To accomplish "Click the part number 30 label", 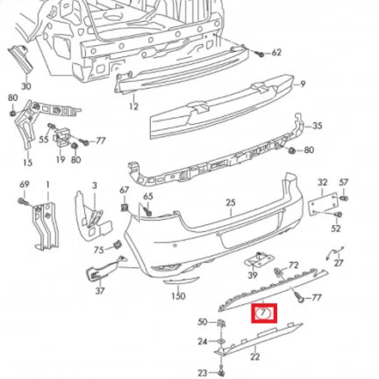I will tap(25, 86).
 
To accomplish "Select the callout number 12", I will tap(132, 106).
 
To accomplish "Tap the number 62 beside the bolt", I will tap(276, 53).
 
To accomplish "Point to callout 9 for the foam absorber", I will tap(303, 84).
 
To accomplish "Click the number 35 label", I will tap(317, 127).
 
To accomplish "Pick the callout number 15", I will tap(26, 162).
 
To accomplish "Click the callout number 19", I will tap(59, 162).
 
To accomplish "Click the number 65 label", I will tap(147, 197).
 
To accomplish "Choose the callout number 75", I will tap(98, 249).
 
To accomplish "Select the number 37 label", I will tap(99, 290).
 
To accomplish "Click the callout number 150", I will tap(178, 297).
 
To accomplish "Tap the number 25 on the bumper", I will tap(231, 202).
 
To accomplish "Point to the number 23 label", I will tap(201, 371).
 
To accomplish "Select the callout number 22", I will tap(254, 356).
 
